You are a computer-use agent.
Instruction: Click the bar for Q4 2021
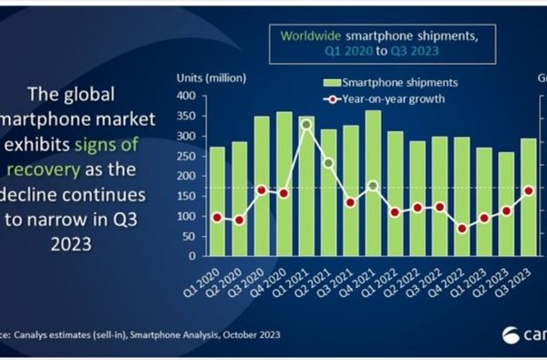[373, 183]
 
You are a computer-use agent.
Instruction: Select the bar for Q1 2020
[217, 201]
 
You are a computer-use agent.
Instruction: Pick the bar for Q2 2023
[506, 204]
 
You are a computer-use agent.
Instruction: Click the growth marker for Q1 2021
[306, 125]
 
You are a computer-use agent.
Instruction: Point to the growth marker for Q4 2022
[462, 229]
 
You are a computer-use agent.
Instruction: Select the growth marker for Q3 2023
[529, 190]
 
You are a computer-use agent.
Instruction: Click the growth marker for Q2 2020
[239, 220]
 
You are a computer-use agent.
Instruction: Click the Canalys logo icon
[511, 334]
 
